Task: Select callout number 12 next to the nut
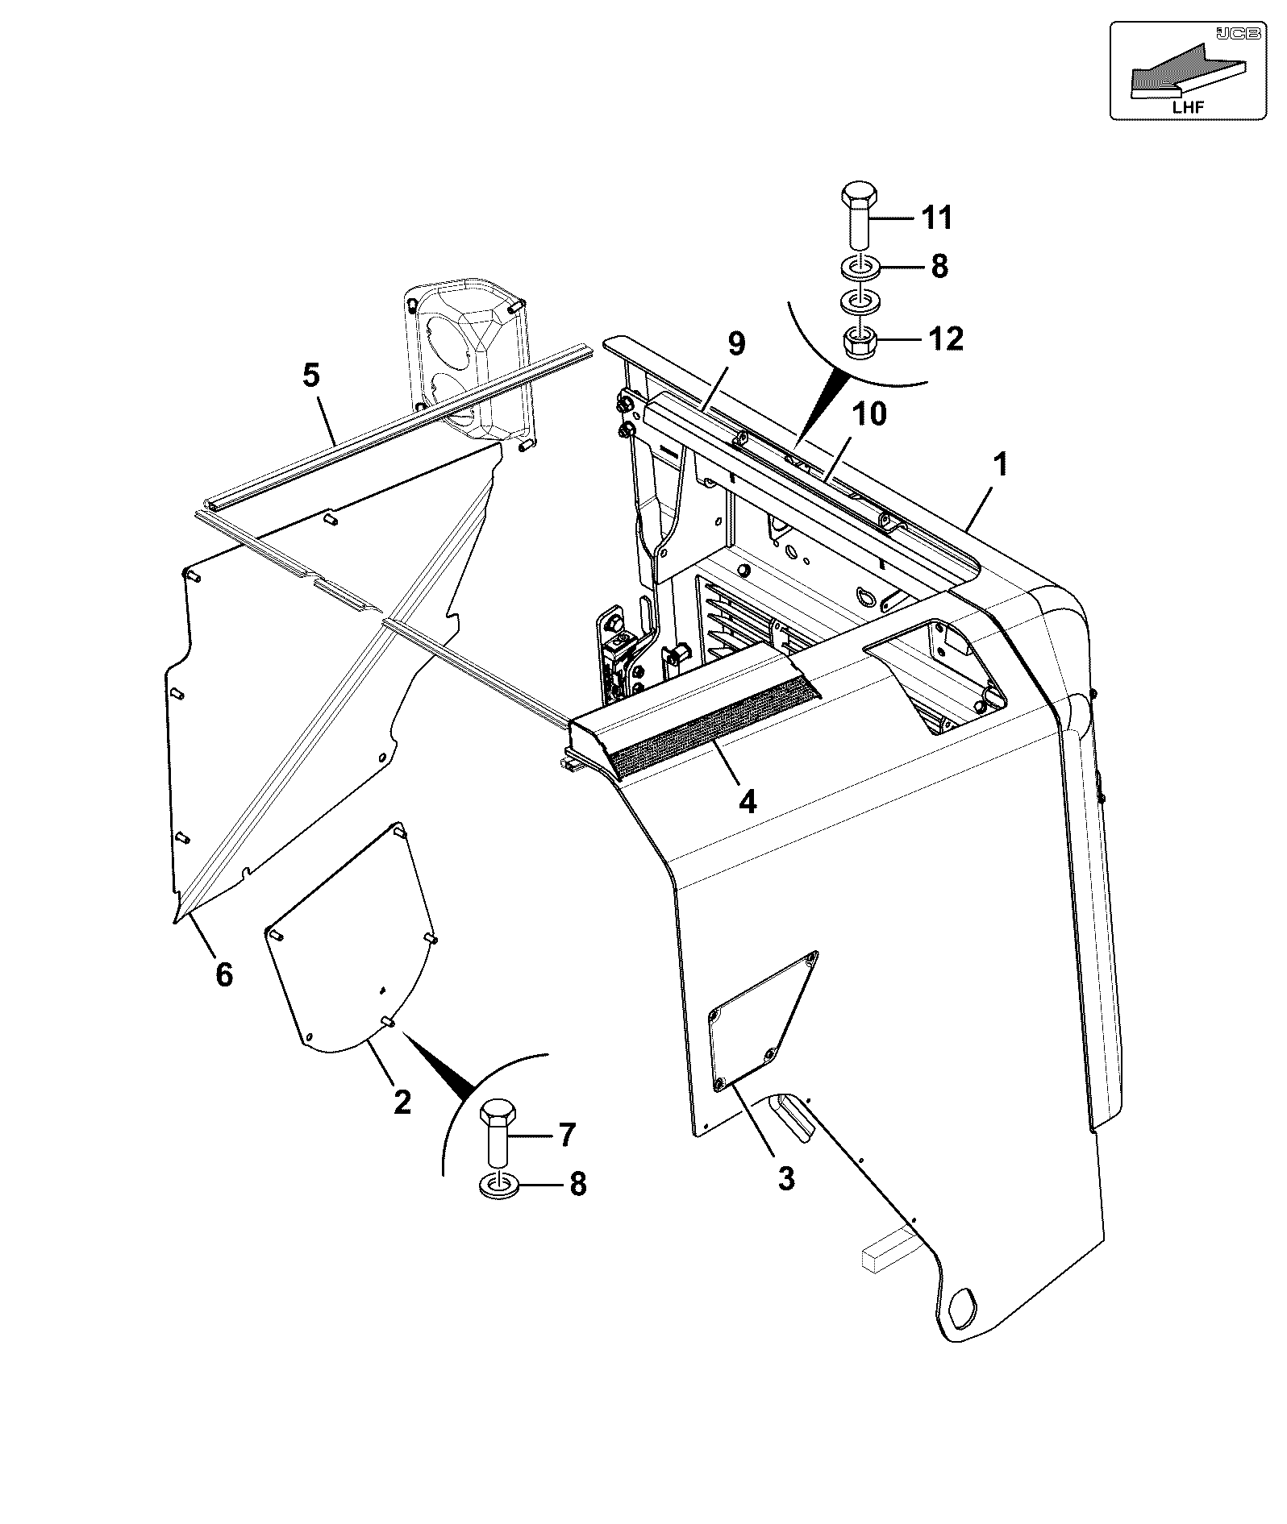[946, 339]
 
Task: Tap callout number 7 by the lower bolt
[567, 1136]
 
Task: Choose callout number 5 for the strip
[311, 375]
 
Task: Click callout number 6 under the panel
[224, 974]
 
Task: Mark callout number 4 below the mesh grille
[748, 802]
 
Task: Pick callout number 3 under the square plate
[786, 1178]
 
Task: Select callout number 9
[736, 344]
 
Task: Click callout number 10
[868, 414]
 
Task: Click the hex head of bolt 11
[857, 196]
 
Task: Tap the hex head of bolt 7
[497, 1113]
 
